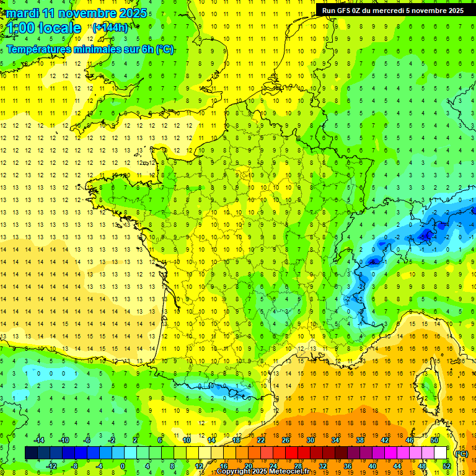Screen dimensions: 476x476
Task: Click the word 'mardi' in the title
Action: pyautogui.click(x=24, y=13)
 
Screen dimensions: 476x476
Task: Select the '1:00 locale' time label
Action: pyautogui.click(x=42, y=28)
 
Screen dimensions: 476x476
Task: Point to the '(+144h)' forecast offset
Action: pyautogui.click(x=110, y=27)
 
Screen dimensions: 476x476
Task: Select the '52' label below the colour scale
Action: pyautogui.click(x=447, y=465)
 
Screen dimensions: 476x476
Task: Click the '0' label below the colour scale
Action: pyautogui.click(x=122, y=465)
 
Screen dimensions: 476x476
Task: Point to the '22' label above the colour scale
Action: pyautogui.click(x=261, y=440)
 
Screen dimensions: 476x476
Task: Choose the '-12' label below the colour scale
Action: pyautogui.click(x=51, y=465)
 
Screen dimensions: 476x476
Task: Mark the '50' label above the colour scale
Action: pyautogui.click(x=434, y=440)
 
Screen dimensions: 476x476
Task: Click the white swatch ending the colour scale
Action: pyautogui.click(x=441, y=453)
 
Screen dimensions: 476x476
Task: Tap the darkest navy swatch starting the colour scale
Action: pyautogui.click(x=31, y=453)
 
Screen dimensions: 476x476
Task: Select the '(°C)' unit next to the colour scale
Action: pyautogui.click(x=461, y=453)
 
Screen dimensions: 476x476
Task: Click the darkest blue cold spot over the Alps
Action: pyautogui.click(x=426, y=234)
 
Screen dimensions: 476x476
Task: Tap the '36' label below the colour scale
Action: pyautogui.click(x=348, y=465)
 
